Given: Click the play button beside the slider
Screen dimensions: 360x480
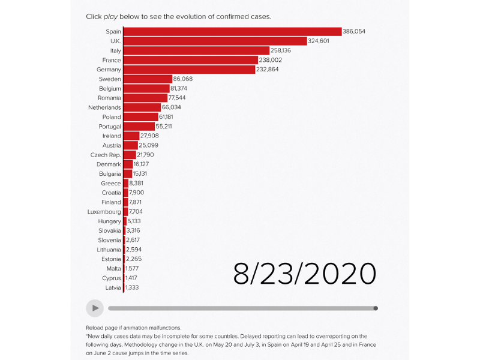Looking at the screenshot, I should [x=95, y=308].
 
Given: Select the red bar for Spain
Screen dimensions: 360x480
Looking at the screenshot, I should [x=232, y=32].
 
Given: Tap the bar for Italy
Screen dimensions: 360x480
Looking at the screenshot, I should [x=196, y=51].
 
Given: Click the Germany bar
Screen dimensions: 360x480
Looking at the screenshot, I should [x=189, y=70].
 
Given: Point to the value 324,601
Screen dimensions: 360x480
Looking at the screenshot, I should [x=322, y=41].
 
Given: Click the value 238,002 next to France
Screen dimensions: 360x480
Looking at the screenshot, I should [x=271, y=60].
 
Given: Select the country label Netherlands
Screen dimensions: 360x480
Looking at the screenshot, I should [x=104, y=107].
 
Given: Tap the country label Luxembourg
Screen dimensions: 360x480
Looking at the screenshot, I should [x=104, y=212].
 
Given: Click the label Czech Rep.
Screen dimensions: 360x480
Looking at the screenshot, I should [x=106, y=155].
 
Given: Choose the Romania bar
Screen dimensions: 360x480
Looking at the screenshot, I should [x=145, y=98].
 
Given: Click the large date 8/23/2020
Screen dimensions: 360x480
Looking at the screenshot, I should [x=305, y=274].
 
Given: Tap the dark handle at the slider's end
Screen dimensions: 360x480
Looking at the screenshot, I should [x=376, y=308].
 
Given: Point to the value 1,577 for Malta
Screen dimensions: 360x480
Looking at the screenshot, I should [x=132, y=268].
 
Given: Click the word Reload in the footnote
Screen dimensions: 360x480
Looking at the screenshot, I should [x=97, y=328].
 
